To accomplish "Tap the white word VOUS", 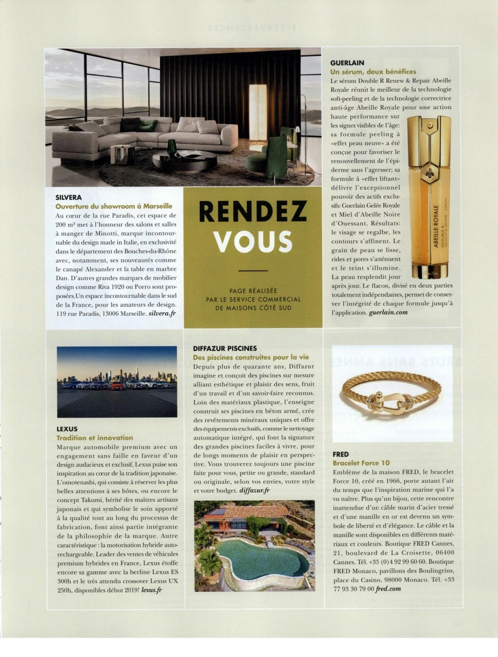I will click(x=253, y=242).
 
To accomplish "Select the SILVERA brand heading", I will click(x=69, y=197).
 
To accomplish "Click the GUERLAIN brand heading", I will click(x=347, y=63).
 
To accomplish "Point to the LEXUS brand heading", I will click(x=67, y=428).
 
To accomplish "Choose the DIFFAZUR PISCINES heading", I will click(x=225, y=348).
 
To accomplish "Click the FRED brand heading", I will click(x=341, y=454).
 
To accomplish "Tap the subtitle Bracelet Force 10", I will click(x=361, y=463).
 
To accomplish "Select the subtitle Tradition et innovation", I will click(x=94, y=438).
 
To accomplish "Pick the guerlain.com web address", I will click(x=388, y=312).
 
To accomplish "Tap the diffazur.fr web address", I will click(x=255, y=490).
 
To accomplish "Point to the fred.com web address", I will click(x=388, y=589).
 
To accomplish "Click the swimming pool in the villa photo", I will click(x=261, y=560).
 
